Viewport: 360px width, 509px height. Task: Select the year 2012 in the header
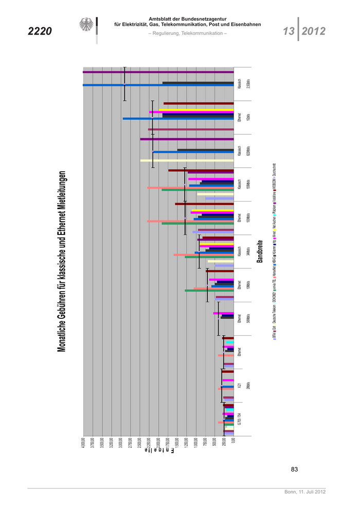click(314, 31)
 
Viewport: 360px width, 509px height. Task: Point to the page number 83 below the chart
click(295, 469)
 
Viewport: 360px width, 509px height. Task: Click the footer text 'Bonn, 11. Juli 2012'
click(305, 492)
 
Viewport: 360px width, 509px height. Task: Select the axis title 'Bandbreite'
click(260, 252)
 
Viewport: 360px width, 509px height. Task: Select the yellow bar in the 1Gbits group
click(196, 110)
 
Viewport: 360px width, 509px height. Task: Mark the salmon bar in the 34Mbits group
click(204, 254)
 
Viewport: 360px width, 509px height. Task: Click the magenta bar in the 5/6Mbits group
click(224, 313)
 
